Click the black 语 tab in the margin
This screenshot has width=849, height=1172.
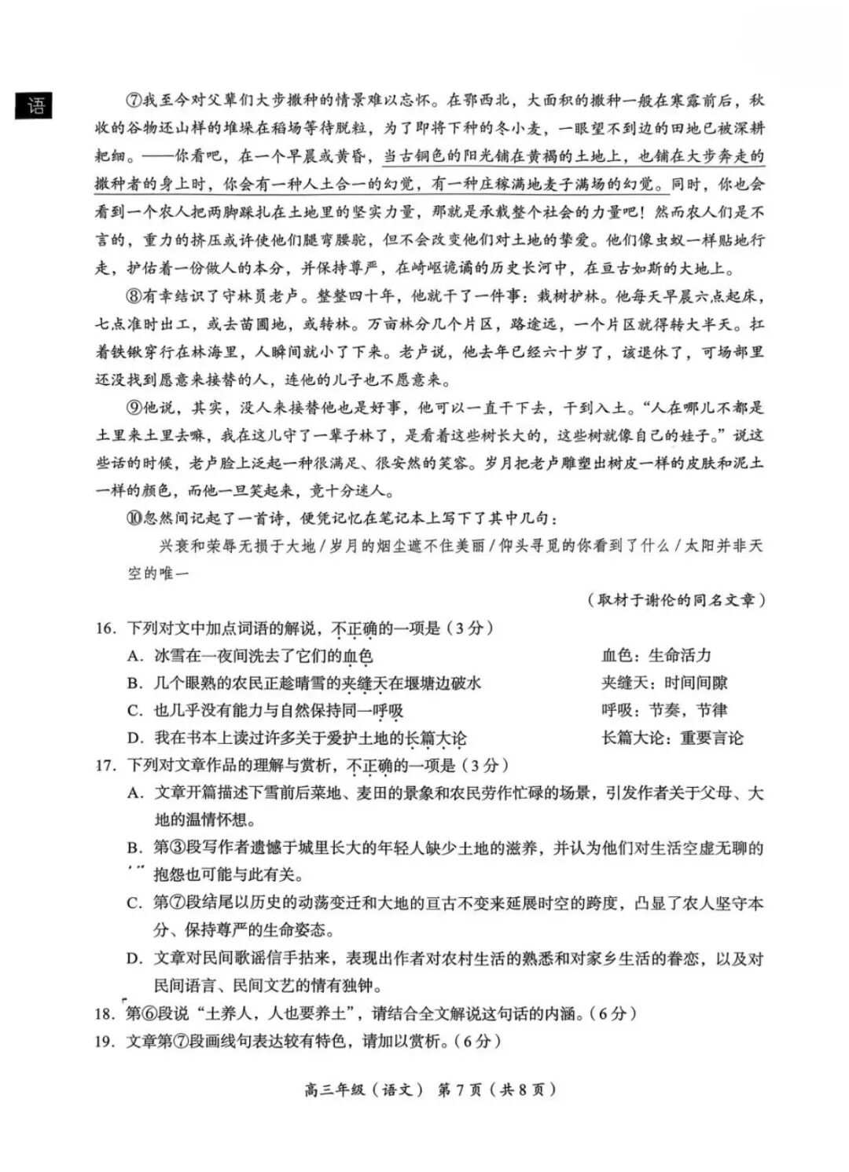(35, 105)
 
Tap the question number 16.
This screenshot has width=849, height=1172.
(105, 628)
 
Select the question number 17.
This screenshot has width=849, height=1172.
(105, 765)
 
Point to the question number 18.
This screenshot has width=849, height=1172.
(105, 1013)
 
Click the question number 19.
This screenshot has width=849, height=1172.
(105, 1042)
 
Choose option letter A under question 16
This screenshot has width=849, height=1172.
(135, 656)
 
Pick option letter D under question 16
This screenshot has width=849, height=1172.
(135, 738)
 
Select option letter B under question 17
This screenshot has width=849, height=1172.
(135, 848)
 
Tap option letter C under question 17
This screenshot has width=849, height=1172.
(135, 903)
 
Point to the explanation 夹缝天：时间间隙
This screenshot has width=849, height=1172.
(664, 683)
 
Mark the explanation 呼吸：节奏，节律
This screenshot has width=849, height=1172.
(664, 711)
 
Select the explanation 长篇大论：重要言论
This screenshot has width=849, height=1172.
(672, 738)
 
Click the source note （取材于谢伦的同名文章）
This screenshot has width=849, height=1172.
(675, 600)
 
